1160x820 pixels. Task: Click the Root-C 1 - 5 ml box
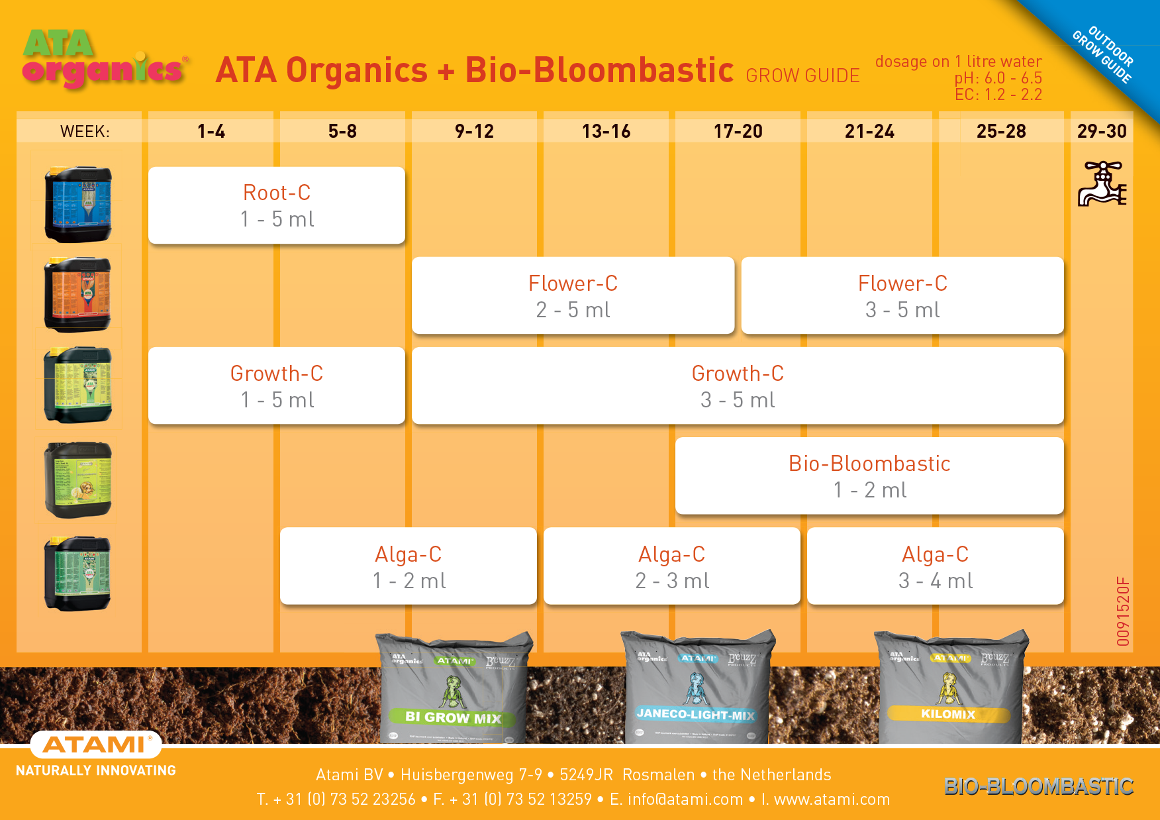pos(277,205)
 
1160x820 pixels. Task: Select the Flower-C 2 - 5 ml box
pos(573,295)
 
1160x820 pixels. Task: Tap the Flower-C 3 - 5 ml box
pos(902,295)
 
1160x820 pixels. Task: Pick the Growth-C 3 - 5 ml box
pos(738,385)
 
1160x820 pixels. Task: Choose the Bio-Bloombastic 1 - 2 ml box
pos(869,476)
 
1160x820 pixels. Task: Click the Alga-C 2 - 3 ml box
pos(671,566)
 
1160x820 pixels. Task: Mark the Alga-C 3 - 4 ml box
pos(935,566)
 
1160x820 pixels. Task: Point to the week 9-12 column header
pos(474,131)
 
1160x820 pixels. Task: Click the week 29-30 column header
pos(1102,131)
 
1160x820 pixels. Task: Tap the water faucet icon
pos(1102,184)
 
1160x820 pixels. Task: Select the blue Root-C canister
pos(78,204)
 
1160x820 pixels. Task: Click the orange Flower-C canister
pos(78,294)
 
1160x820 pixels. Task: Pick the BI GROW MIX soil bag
pos(454,689)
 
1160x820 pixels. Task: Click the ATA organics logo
pos(105,60)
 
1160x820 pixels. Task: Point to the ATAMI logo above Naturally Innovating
pos(95,745)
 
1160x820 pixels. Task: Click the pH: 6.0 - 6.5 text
pos(998,78)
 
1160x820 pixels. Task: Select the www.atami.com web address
pos(832,799)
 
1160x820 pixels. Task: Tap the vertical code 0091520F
pos(1123,611)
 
